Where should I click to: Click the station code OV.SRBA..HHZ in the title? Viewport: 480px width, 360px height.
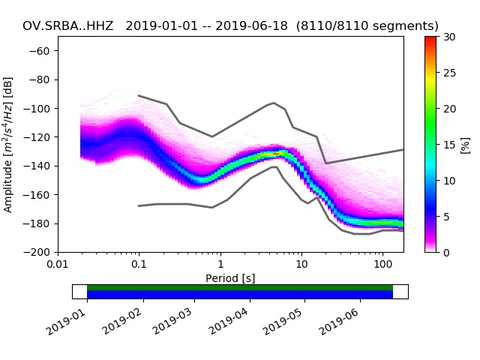[68, 26]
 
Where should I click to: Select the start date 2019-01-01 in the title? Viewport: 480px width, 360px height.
[162, 26]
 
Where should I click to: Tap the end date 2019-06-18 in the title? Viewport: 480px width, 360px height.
[251, 26]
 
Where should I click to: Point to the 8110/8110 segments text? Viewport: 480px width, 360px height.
[367, 26]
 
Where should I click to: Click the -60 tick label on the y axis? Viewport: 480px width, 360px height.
[39, 51]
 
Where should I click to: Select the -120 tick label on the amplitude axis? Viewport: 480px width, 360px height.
[37, 137]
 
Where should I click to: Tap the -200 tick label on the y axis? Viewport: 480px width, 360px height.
[37, 253]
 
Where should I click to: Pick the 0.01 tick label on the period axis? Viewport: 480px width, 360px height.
[58, 264]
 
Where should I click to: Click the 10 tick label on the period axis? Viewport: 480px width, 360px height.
[301, 264]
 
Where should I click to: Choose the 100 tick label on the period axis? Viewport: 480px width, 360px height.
[382, 264]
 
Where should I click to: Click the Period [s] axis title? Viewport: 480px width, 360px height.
[230, 278]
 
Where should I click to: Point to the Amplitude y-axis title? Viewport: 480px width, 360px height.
[8, 145]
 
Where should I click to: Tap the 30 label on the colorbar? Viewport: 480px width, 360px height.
[449, 37]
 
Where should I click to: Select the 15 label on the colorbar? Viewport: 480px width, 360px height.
[449, 145]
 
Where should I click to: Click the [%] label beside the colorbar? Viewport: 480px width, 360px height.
[465, 145]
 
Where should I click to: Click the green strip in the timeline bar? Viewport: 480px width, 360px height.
[240, 287]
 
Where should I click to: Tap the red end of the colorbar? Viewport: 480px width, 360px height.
[430, 38]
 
